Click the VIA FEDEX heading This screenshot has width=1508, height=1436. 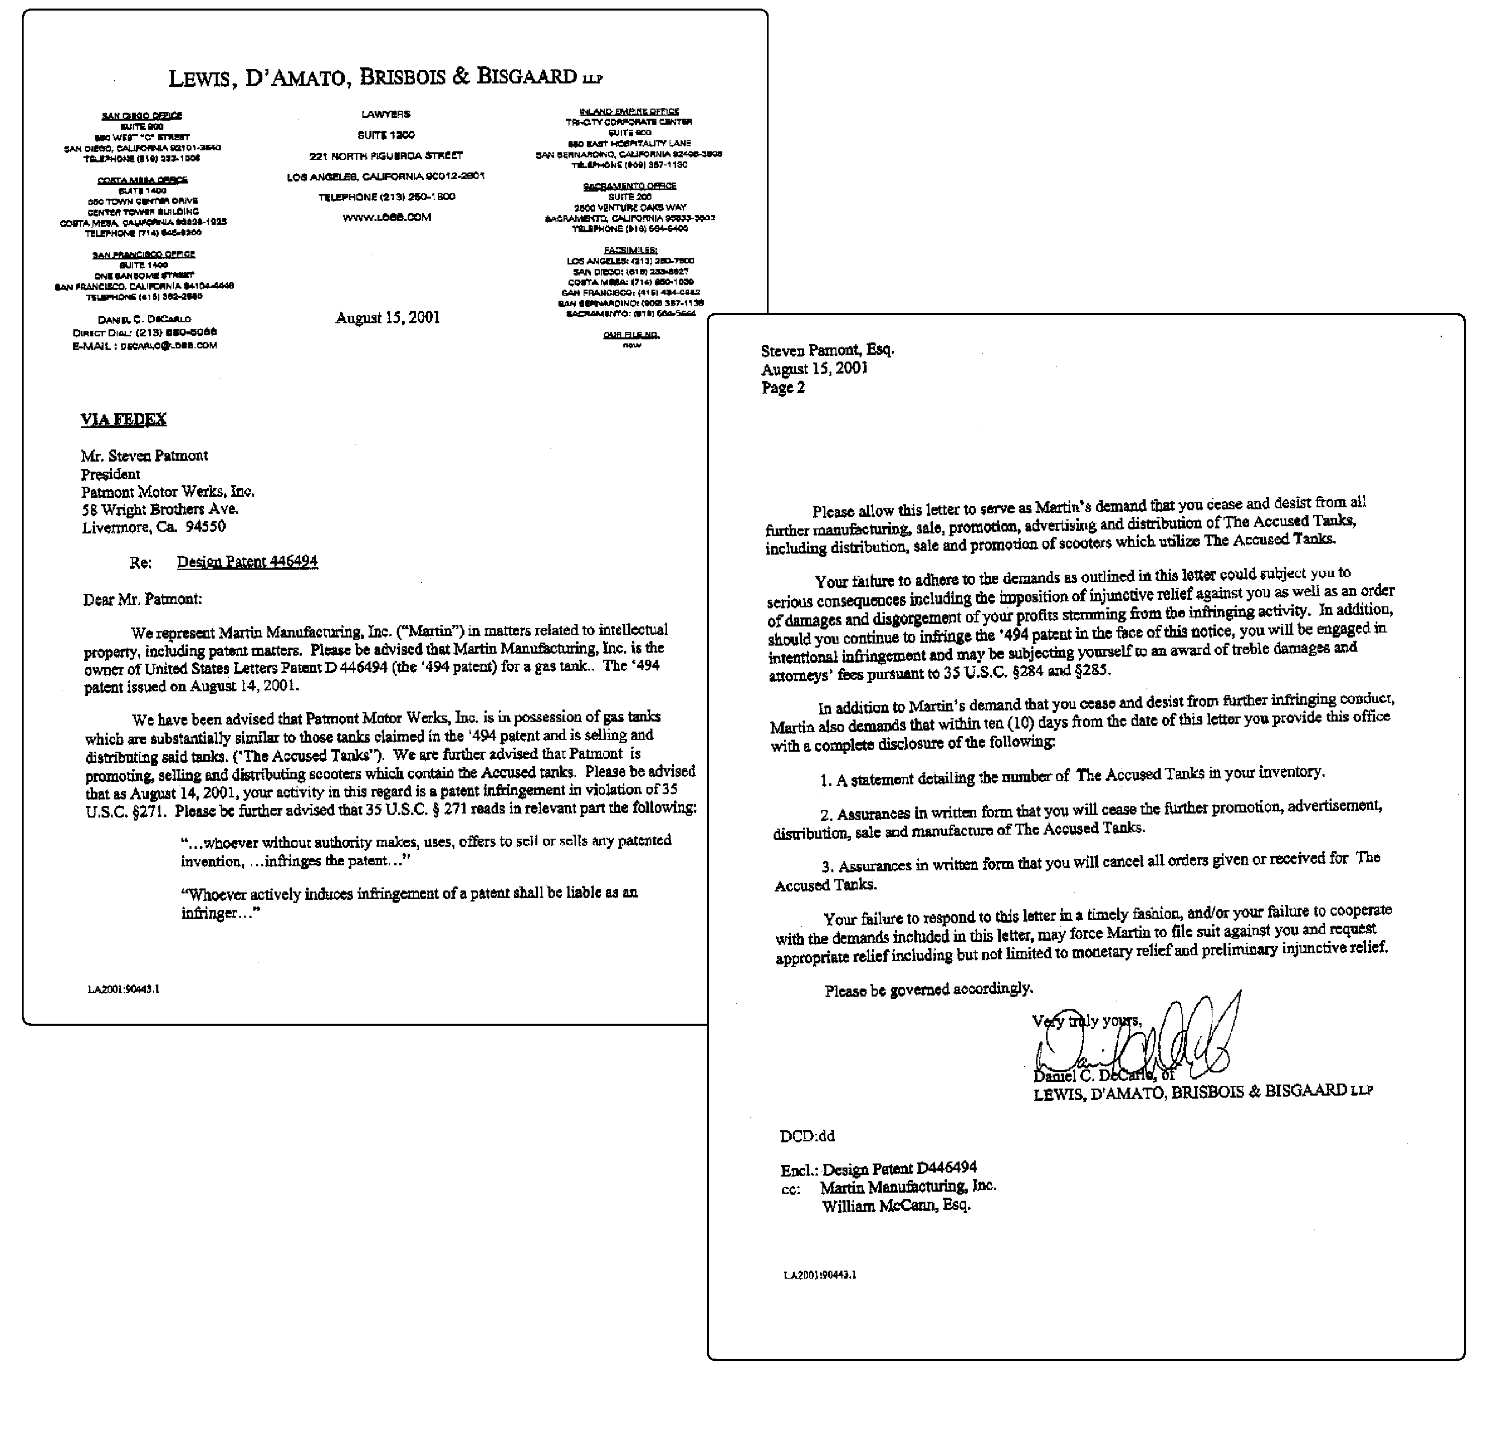123,419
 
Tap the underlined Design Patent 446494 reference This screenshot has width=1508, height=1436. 247,562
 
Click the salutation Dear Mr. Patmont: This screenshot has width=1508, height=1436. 142,599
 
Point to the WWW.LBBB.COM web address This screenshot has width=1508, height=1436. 387,217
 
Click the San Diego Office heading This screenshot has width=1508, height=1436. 142,116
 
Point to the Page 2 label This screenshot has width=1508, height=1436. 783,388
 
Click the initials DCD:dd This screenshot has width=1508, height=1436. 807,1136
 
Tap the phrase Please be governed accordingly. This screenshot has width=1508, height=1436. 928,990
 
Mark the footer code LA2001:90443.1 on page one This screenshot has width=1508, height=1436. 123,989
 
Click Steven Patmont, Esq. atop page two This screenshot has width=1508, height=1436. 827,350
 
